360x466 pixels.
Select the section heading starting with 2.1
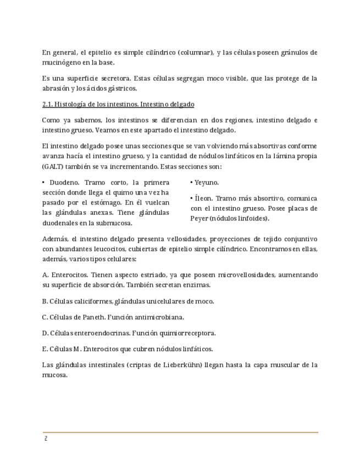[x=118, y=104]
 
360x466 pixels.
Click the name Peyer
[x=199, y=219]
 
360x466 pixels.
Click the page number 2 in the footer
[x=46, y=439]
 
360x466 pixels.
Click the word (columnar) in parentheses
[x=196, y=53]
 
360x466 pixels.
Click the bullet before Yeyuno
[x=191, y=182]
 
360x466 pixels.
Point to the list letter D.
[x=45, y=333]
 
